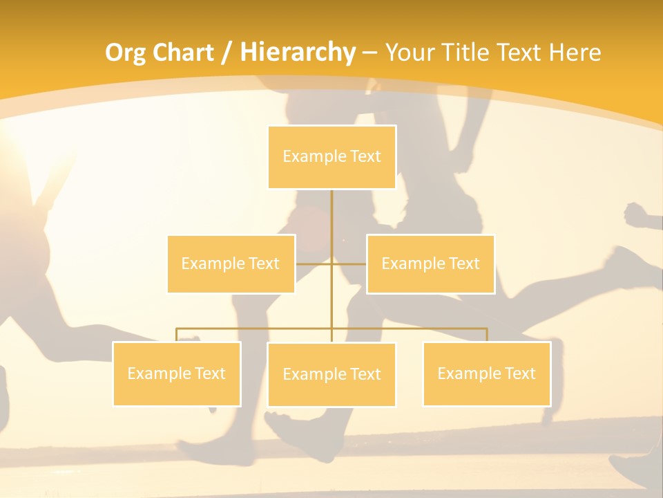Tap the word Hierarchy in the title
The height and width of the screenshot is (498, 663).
[298, 53]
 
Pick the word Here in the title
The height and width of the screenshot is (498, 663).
[575, 53]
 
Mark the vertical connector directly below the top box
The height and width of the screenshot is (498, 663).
[331, 214]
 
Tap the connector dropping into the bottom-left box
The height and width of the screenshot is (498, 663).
[177, 335]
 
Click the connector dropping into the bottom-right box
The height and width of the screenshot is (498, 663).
[486, 335]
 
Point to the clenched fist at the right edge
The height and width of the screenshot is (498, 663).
[640, 215]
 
